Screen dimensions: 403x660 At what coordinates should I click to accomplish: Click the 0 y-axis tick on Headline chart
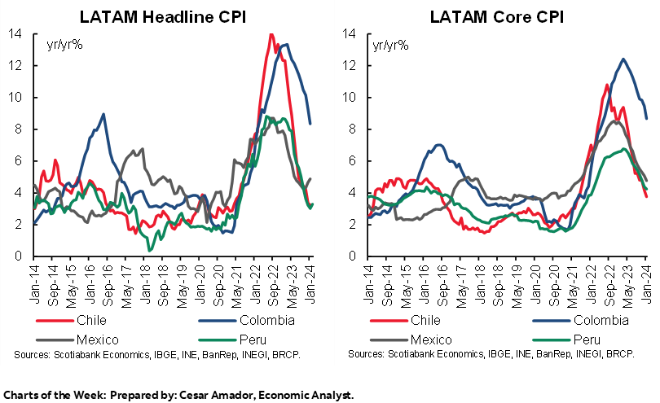pyautogui.click(x=17, y=256)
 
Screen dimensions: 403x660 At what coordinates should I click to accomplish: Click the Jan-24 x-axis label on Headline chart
pyautogui.click(x=310, y=279)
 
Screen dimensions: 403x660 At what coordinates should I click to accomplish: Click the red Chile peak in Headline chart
pyautogui.click(x=271, y=34)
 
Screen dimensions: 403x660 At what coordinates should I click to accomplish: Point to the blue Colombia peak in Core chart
pyautogui.click(x=623, y=59)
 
